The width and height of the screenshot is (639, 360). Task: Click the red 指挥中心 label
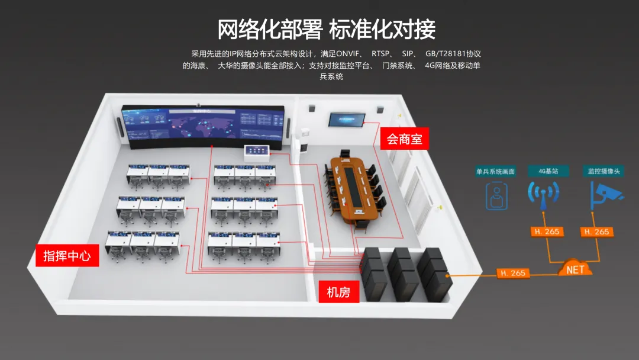click(x=67, y=255)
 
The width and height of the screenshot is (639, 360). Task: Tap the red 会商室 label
click(x=404, y=140)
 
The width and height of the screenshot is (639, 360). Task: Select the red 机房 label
click(x=338, y=291)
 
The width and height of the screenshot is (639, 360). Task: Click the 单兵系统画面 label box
click(x=496, y=171)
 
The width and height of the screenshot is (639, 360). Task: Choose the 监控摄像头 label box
click(x=603, y=171)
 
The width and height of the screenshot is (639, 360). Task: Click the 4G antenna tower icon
click(x=544, y=195)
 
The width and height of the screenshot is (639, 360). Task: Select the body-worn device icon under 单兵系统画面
click(x=497, y=196)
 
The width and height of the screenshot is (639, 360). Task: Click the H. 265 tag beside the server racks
click(x=512, y=273)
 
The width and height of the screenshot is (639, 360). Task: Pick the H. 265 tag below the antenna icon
click(x=546, y=232)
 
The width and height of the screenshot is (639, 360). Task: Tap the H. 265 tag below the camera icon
click(x=596, y=232)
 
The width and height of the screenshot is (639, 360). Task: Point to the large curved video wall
click(x=204, y=126)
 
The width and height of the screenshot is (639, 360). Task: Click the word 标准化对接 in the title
click(x=382, y=28)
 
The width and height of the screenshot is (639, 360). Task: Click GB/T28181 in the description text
click(x=444, y=54)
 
